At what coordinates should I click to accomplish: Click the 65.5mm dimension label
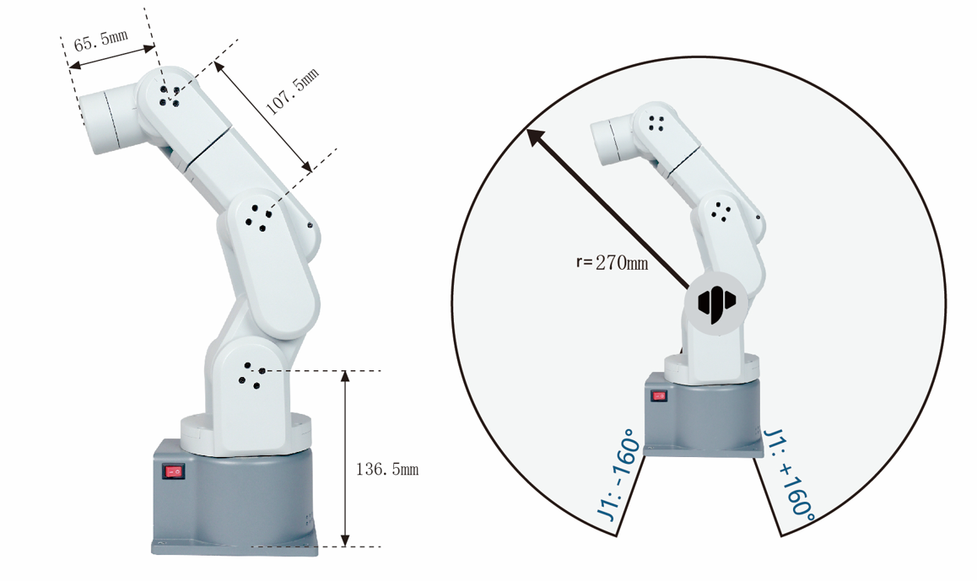[101, 40]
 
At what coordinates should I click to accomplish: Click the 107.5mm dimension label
[292, 92]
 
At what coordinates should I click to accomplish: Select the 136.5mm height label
[387, 469]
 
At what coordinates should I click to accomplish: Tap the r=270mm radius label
[612, 262]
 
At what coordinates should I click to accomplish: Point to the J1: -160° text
[618, 475]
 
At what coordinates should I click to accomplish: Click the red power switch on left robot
[173, 471]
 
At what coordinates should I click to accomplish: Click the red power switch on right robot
[659, 396]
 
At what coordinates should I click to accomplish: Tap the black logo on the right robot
[716, 304]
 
